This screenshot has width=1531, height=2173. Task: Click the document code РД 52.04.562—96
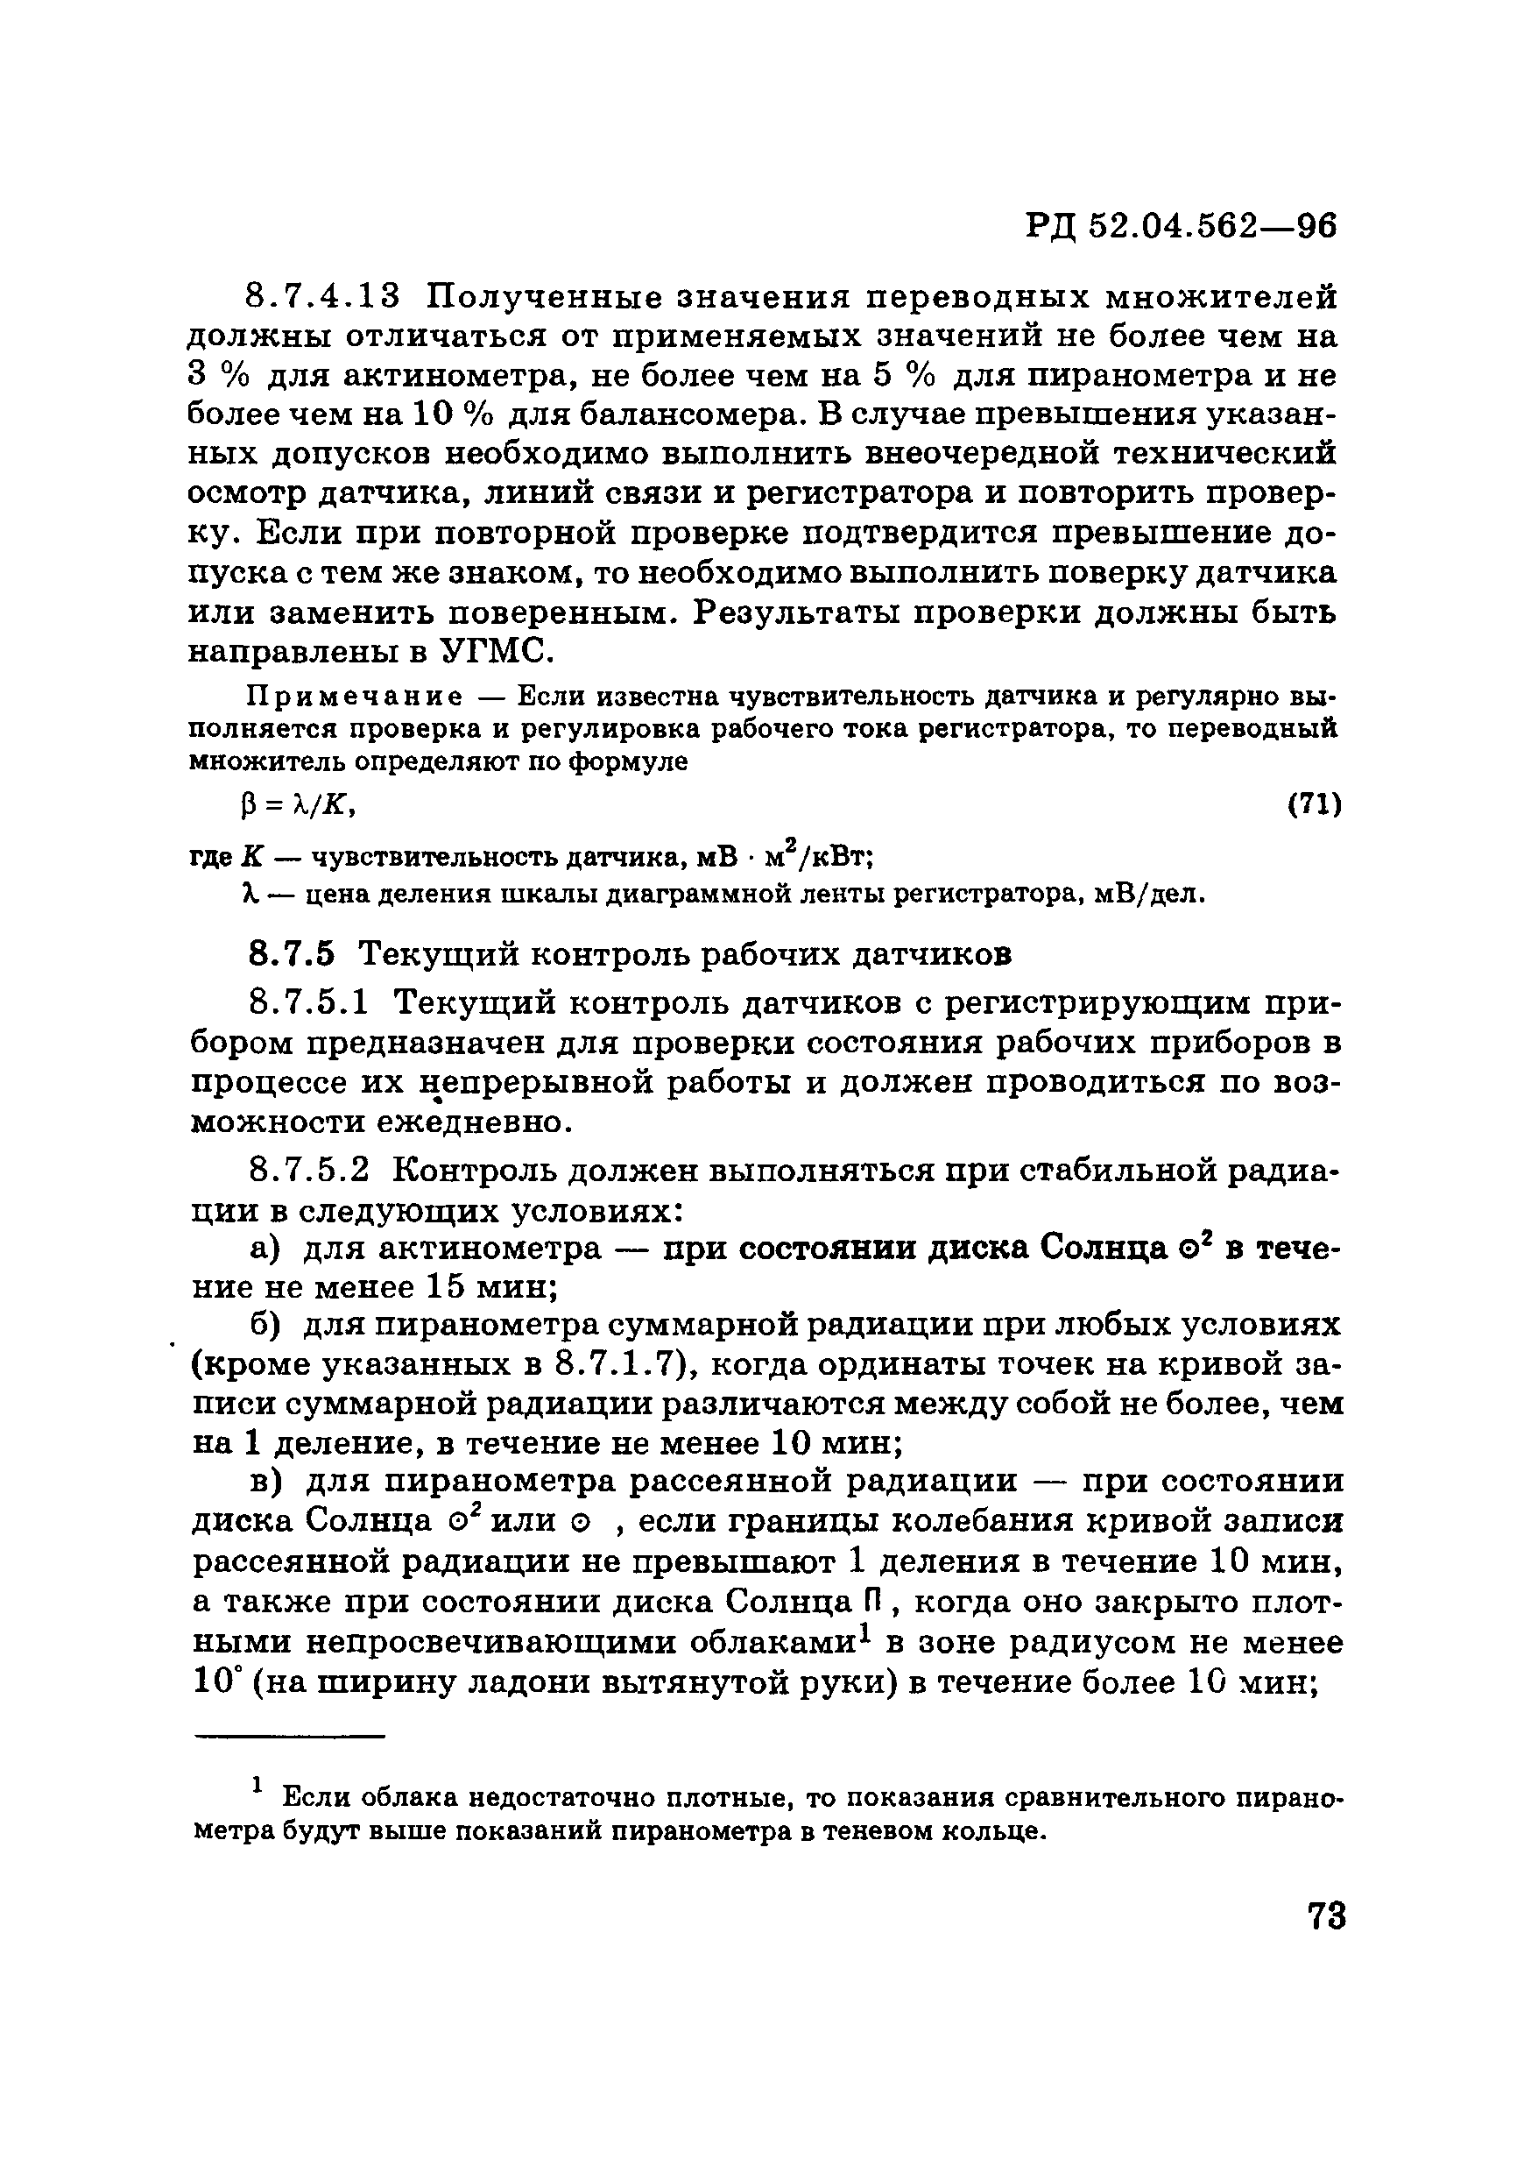[1182, 227]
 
